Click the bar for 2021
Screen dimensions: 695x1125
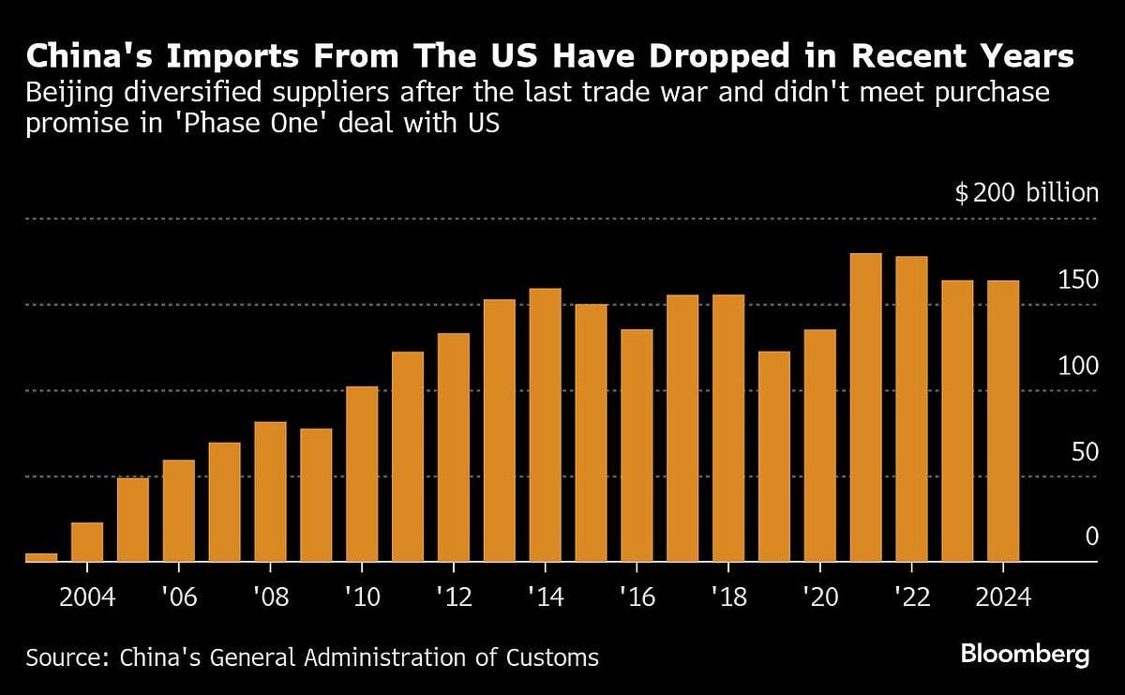pos(865,408)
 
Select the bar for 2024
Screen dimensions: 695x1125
pos(1003,421)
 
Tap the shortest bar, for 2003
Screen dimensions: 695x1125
pos(41,557)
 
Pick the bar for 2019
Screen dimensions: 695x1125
pos(773,457)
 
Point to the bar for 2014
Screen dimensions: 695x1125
pos(545,425)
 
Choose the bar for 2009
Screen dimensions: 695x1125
pos(316,495)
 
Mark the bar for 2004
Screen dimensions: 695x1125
pos(87,542)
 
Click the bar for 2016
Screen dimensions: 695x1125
pos(637,446)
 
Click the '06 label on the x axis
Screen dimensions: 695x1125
pos(178,597)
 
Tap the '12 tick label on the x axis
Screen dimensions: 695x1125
pos(453,597)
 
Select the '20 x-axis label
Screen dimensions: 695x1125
pos(819,597)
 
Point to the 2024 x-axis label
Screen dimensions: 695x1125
pos(1003,597)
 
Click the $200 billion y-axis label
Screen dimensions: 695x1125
pos(1026,193)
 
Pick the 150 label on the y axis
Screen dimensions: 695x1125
pos(1078,280)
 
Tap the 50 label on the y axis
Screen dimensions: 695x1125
pos(1085,452)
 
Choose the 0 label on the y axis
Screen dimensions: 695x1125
pos(1091,537)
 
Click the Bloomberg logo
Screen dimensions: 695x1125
pos(1025,654)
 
